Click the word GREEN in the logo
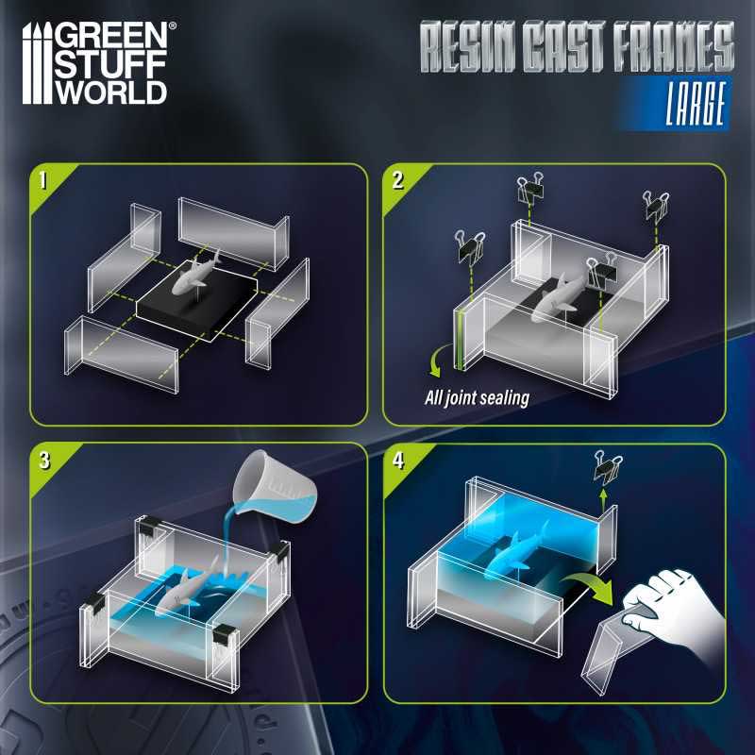(x=111, y=36)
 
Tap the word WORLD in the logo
(x=111, y=91)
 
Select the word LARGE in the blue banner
(x=696, y=104)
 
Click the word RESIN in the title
(x=467, y=46)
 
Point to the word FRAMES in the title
(x=674, y=46)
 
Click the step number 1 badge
(x=43, y=180)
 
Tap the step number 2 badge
(x=397, y=180)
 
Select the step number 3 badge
(x=44, y=461)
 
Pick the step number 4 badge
(x=398, y=461)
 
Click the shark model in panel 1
(x=193, y=276)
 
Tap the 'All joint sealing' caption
(x=477, y=398)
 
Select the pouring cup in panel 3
(x=275, y=487)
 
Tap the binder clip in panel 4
(x=607, y=467)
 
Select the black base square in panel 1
(x=196, y=300)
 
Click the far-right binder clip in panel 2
(x=655, y=206)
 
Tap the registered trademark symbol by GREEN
(x=173, y=25)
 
